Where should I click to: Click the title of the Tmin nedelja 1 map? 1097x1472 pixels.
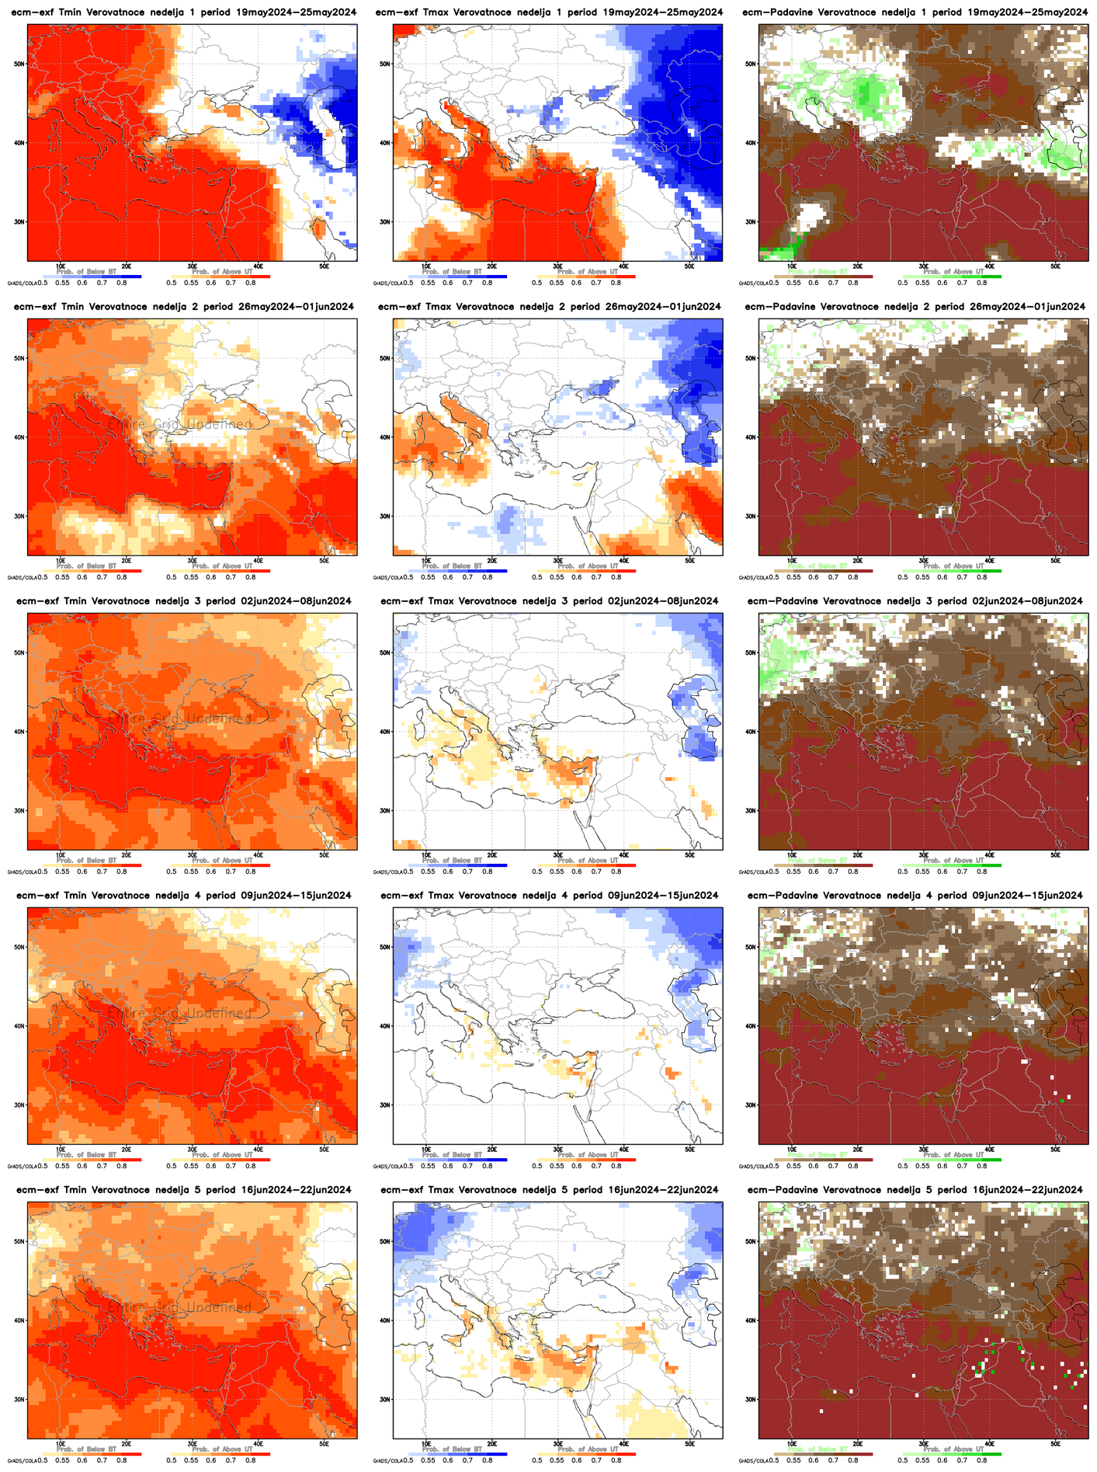pyautogui.click(x=183, y=12)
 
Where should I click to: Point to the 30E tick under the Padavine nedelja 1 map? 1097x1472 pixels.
pyautogui.click(x=924, y=266)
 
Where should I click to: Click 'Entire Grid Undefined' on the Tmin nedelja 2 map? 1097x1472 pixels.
pyautogui.click(x=179, y=425)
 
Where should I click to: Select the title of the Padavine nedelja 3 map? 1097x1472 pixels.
pyautogui.click(x=914, y=601)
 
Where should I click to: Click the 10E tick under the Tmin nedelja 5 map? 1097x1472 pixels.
pyautogui.click(x=61, y=1443)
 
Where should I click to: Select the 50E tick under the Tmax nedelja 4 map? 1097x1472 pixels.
pyautogui.click(x=689, y=1149)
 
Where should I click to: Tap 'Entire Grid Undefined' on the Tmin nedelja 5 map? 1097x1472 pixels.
pyautogui.click(x=179, y=1308)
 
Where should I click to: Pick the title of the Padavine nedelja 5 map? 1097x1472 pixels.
pyautogui.click(x=914, y=1190)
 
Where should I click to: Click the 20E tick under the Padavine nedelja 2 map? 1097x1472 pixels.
pyautogui.click(x=858, y=560)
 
